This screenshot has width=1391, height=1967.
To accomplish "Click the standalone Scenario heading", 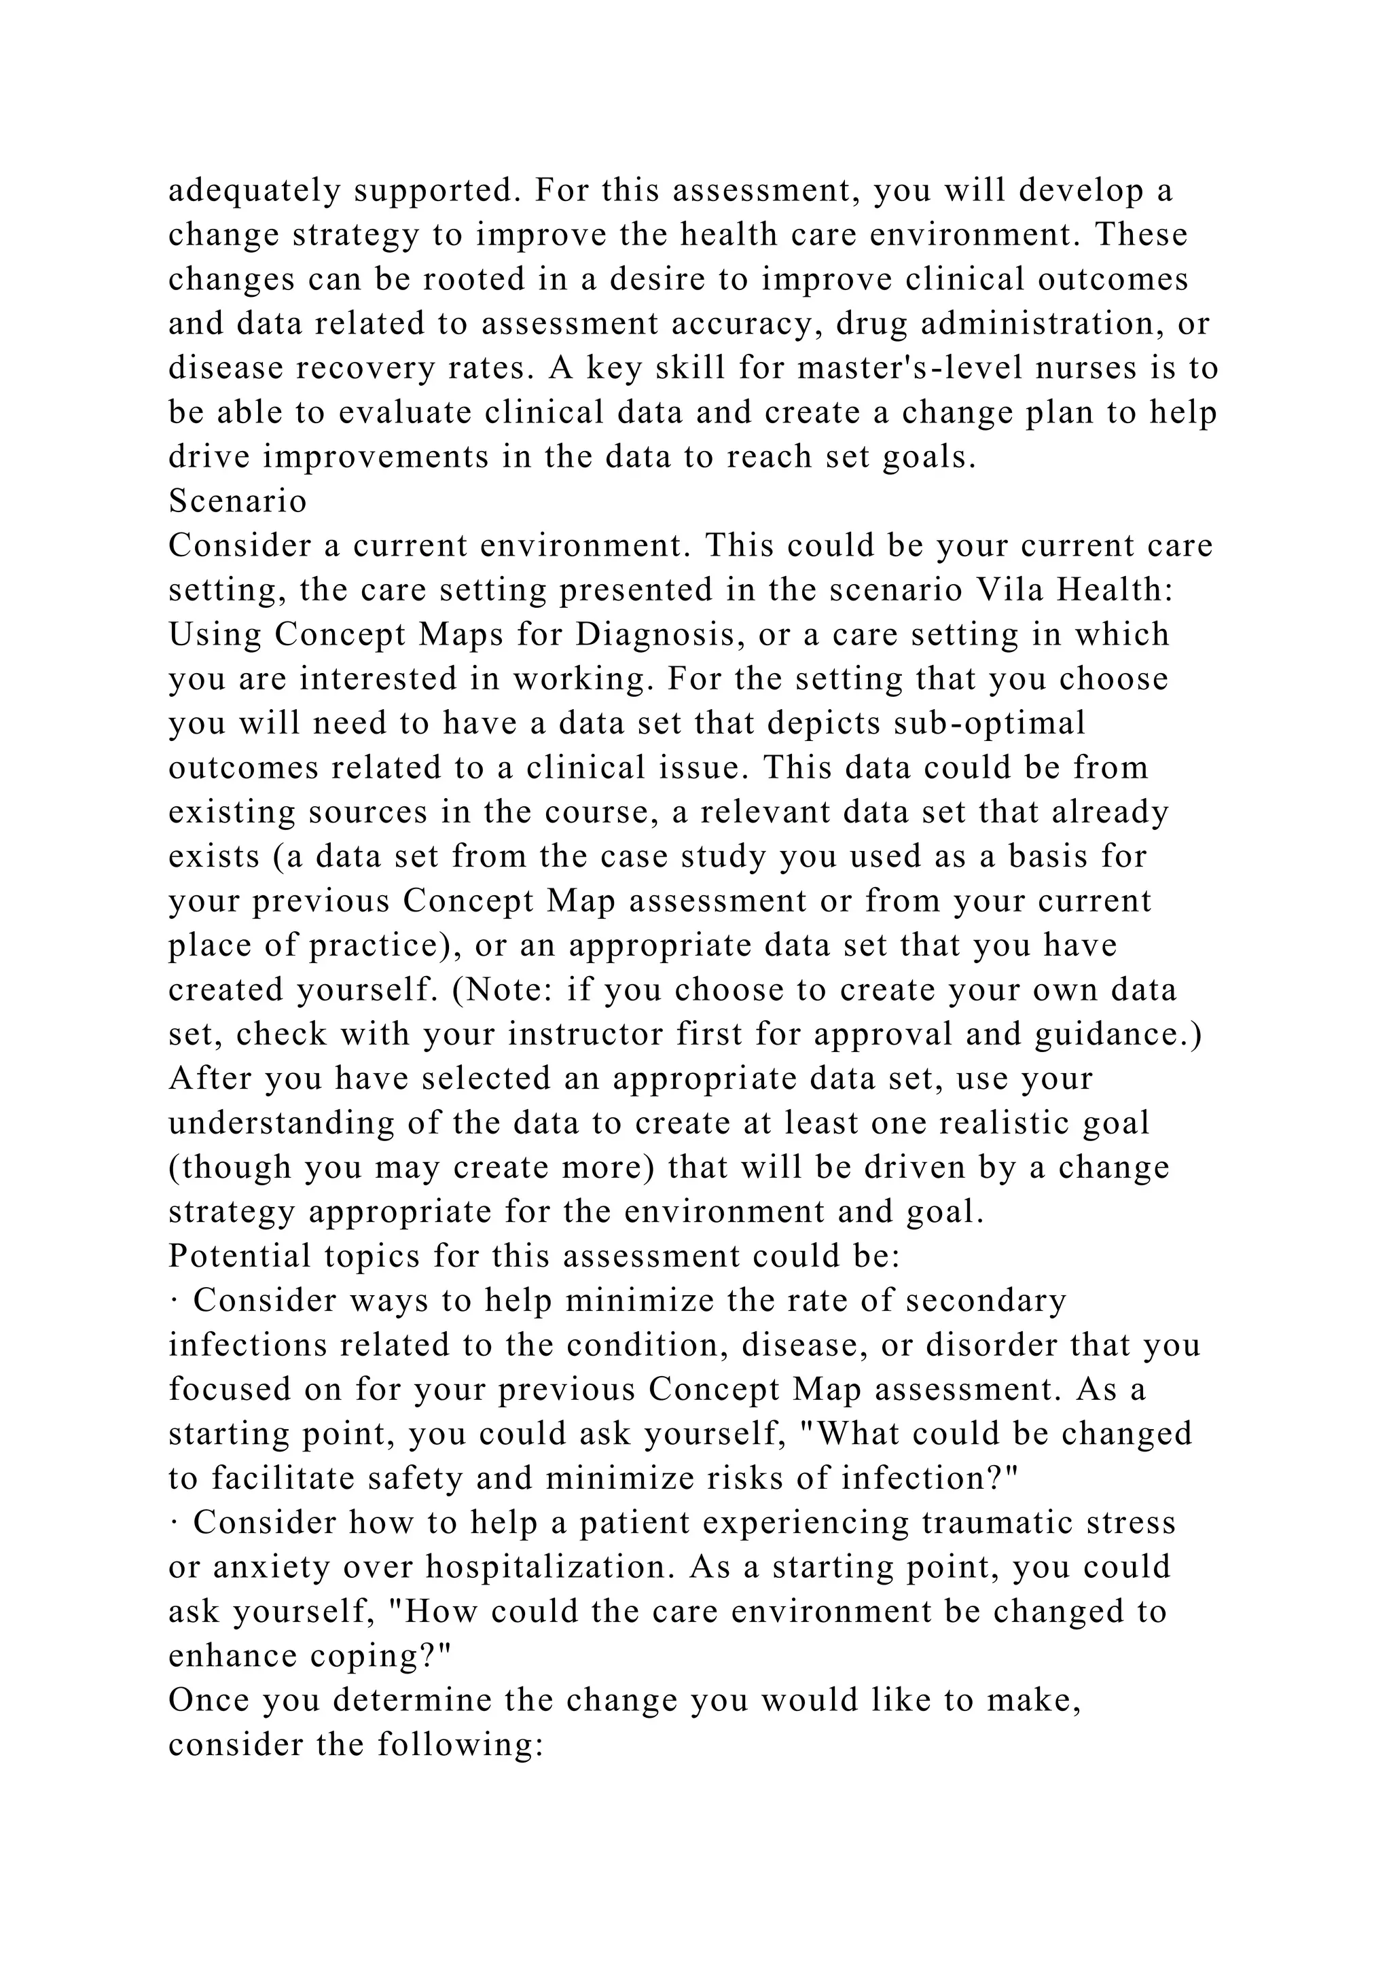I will (x=237, y=501).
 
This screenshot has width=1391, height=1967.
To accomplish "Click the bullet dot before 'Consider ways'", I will (x=174, y=1302).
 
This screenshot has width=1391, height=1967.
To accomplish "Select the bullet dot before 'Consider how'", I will (x=174, y=1524).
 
